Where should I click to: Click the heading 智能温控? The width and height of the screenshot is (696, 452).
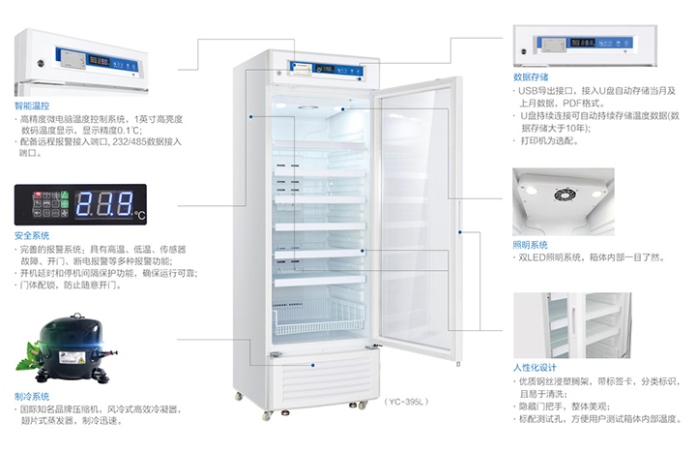33,103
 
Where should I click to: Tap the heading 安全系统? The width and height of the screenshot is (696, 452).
33,235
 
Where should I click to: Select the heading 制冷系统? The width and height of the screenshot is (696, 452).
33,396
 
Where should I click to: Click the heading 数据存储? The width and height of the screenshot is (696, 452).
531,76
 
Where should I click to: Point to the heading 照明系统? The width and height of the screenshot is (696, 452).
531,245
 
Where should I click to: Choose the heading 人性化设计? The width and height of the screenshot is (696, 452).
536,368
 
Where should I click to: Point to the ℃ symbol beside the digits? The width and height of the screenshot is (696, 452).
139,213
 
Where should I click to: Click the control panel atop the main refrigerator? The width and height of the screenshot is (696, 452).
325,69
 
